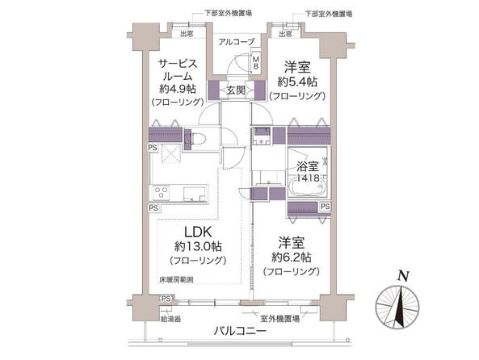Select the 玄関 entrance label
[x=236, y=89]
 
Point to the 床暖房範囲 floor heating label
[x=176, y=280]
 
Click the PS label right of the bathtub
[x=324, y=207]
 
